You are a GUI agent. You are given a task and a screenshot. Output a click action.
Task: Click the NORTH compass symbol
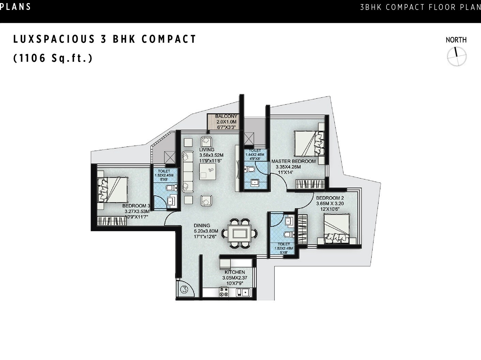[456, 56]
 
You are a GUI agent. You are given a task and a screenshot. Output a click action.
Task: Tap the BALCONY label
[226, 116]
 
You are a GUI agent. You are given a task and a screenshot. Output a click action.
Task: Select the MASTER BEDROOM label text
[293, 161]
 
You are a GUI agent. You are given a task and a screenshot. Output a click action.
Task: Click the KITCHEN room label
[235, 272]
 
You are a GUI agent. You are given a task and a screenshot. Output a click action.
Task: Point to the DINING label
[202, 226]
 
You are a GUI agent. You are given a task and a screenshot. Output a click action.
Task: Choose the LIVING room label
[207, 150]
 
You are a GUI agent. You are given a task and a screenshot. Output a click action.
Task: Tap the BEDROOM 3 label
[136, 206]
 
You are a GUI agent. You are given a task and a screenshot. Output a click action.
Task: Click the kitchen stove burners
[224, 292]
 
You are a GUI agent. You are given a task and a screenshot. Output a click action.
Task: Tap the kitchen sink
[243, 292]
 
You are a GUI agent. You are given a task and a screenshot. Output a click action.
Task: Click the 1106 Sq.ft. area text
[53, 58]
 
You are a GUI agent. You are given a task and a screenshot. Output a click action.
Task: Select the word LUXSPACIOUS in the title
[54, 39]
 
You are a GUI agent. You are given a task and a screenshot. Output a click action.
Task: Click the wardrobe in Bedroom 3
[112, 221]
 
